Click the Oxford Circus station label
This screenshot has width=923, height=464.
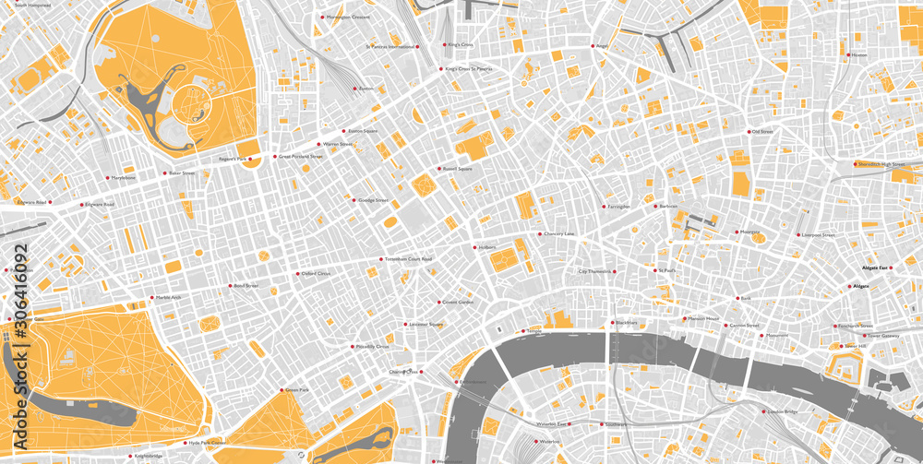coord(317,274)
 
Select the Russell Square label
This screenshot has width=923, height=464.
coord(458,169)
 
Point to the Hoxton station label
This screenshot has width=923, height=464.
coord(859,55)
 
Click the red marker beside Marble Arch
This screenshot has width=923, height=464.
coord(152,298)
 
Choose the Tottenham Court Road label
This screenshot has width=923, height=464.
coord(408,259)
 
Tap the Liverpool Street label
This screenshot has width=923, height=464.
coord(818,235)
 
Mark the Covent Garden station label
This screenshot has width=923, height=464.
coord(458,302)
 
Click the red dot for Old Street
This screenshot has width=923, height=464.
coord(747,132)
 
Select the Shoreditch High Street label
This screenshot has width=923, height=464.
coord(881,164)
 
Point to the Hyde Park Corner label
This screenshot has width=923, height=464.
coord(207,443)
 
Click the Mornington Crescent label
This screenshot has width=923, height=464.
coord(348,17)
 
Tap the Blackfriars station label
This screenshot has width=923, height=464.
coord(627,322)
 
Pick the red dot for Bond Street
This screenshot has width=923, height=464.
coord(228,286)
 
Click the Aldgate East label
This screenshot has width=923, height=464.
coord(874,268)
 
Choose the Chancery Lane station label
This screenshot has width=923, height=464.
coord(557,233)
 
